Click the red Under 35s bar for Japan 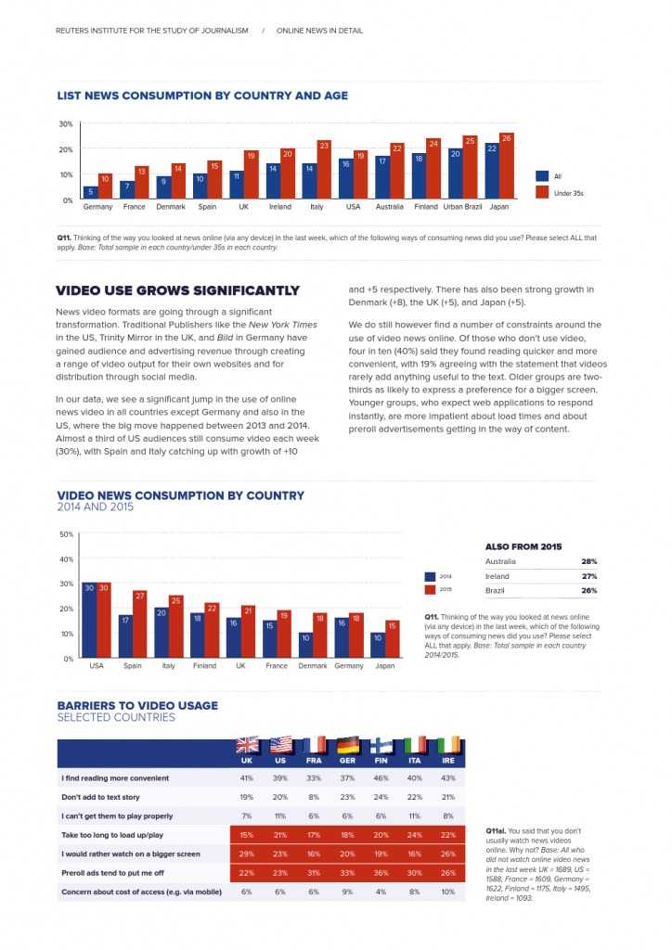click(x=506, y=167)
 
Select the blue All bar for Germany click(x=90, y=193)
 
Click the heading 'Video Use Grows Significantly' click(x=178, y=290)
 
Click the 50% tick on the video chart click(x=67, y=534)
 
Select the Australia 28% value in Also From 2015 click(x=588, y=561)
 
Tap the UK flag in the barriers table click(x=247, y=745)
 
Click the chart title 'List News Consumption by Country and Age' click(x=202, y=96)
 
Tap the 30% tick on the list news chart click(x=67, y=123)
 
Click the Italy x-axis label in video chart click(x=168, y=666)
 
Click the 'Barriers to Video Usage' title click(x=137, y=705)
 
